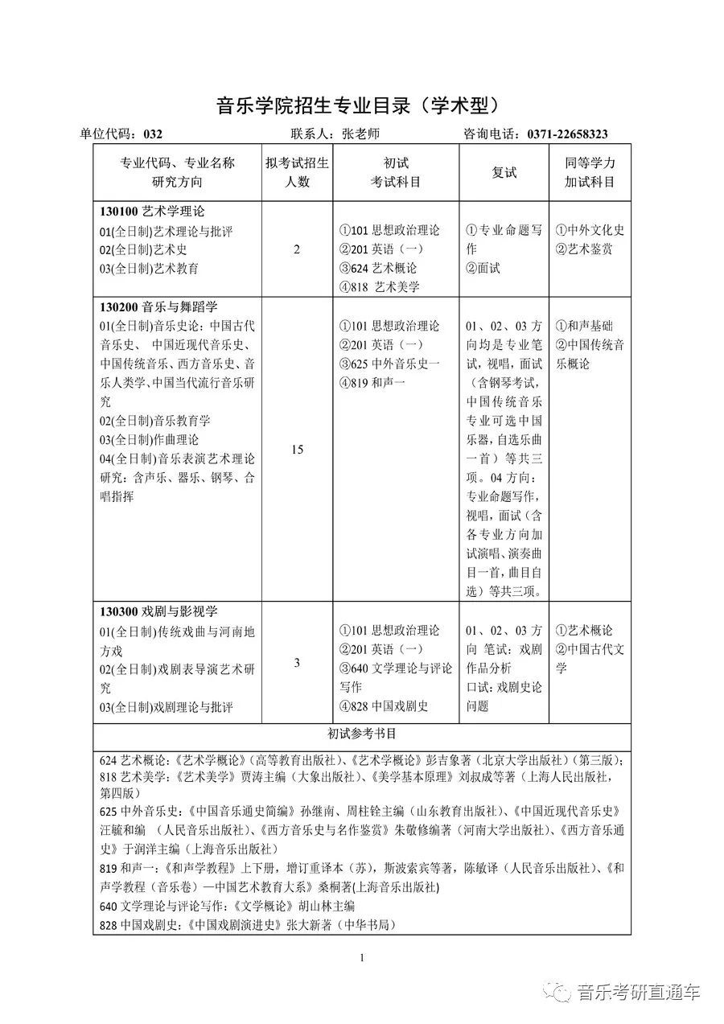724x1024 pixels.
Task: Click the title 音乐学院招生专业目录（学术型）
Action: tap(361, 106)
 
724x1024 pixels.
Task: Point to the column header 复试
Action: tap(504, 173)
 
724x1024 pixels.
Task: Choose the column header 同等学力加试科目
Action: tap(590, 173)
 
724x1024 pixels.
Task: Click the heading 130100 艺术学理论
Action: tap(153, 212)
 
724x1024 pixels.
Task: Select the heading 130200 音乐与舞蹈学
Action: tap(158, 307)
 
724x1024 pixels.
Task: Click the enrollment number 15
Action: tap(298, 450)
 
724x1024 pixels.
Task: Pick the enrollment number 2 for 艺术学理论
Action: tap(297, 249)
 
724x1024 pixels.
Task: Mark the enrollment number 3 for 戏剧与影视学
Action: tap(297, 663)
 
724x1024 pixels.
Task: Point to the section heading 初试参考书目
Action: tap(361, 734)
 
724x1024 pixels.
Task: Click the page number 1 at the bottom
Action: tap(362, 957)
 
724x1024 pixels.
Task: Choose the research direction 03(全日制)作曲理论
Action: tap(149, 440)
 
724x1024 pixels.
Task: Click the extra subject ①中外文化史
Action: tap(590, 230)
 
